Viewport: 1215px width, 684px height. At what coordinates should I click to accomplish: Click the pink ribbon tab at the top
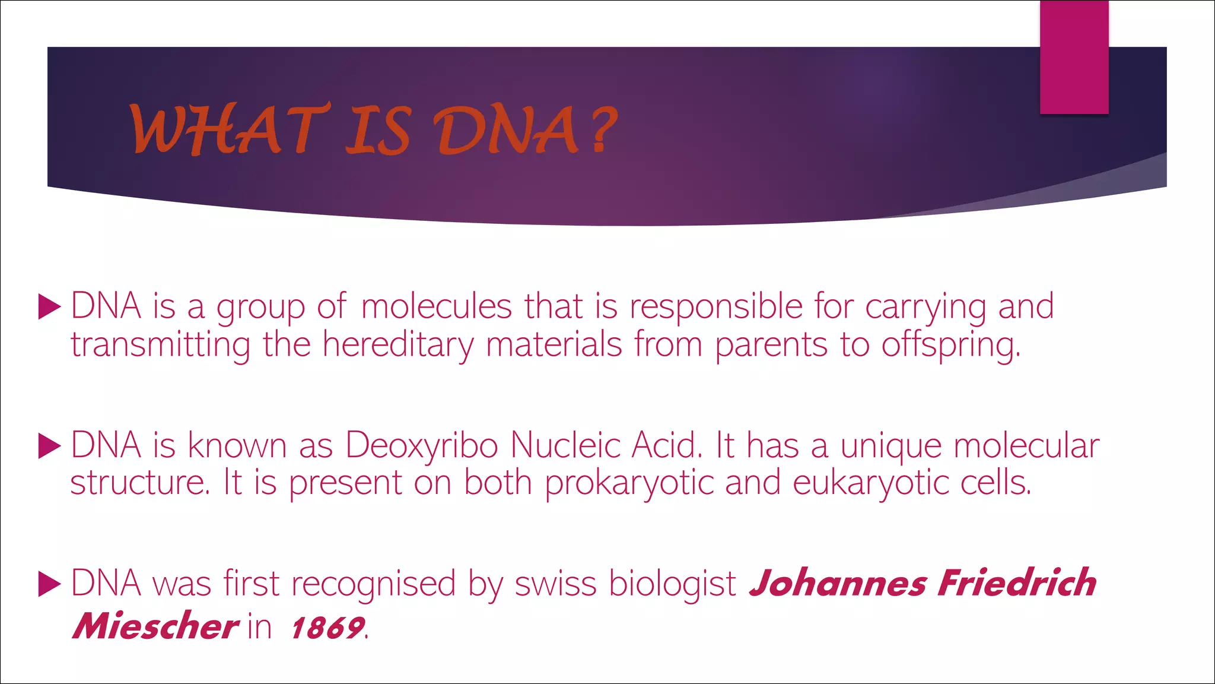point(1074,57)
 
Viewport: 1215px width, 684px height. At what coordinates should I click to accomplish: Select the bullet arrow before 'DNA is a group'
point(49,307)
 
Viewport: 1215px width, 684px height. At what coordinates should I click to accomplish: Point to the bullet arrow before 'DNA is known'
point(49,446)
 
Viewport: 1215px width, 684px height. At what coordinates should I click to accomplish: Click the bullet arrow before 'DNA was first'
point(49,584)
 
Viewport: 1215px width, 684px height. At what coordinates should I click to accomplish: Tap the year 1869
point(327,628)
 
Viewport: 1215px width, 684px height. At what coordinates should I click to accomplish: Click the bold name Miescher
point(155,626)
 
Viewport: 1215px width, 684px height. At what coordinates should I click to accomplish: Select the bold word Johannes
point(837,583)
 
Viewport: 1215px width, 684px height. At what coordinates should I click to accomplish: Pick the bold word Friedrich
point(1017,583)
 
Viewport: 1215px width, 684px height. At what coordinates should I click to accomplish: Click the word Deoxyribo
point(421,445)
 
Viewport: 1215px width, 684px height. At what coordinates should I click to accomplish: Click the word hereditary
point(398,345)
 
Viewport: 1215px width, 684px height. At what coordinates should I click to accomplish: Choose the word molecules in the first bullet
point(436,307)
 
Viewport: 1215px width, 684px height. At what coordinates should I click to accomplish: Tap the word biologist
point(673,584)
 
